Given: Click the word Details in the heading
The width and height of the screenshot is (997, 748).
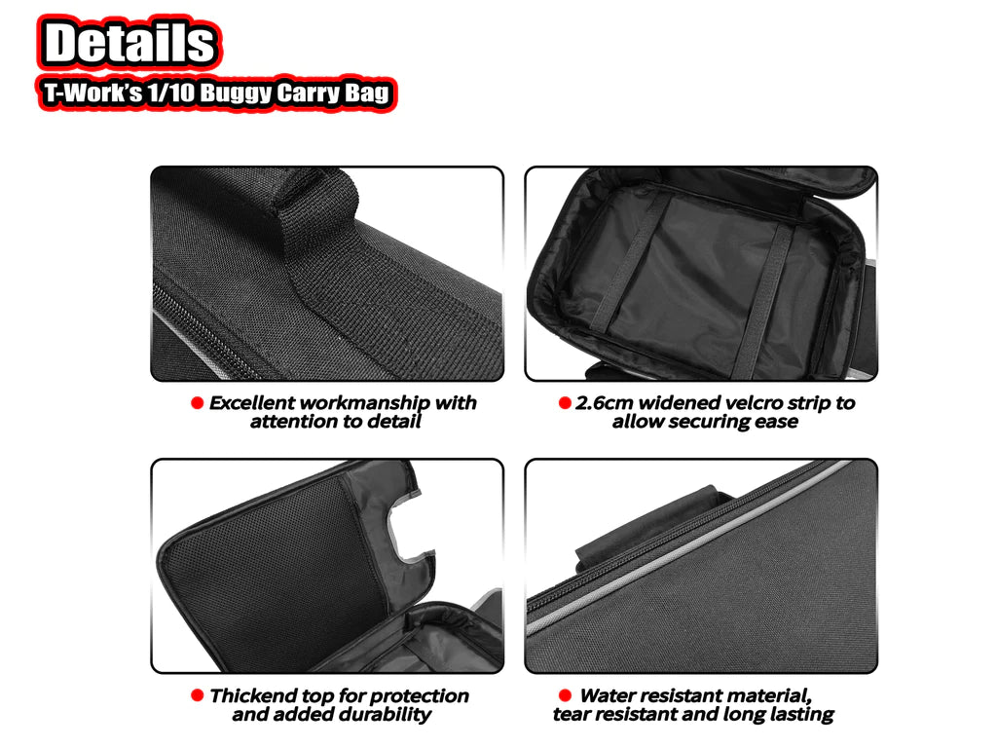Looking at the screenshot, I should click(129, 44).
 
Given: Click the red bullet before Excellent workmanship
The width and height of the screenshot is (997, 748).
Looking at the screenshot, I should click(198, 403).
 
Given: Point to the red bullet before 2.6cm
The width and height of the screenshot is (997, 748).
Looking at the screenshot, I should click(565, 403).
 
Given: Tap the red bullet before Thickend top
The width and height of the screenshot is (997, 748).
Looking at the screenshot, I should click(198, 696).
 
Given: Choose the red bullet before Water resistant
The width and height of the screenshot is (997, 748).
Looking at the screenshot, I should click(565, 695).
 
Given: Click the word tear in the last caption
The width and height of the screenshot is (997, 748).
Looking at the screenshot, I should click(574, 715).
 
